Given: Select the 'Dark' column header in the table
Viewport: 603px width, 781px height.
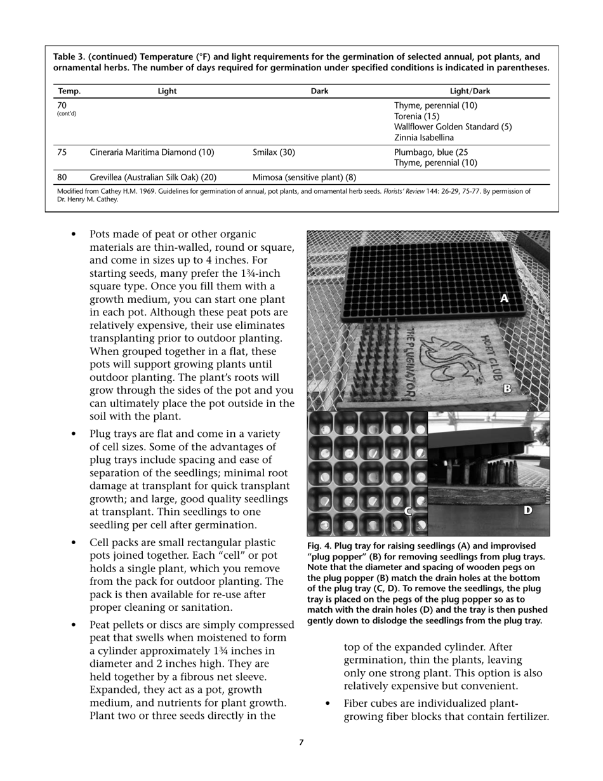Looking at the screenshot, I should [x=319, y=91].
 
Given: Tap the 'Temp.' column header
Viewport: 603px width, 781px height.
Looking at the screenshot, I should [x=69, y=91].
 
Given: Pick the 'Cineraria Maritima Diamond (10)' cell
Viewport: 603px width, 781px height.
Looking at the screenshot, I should [x=152, y=152].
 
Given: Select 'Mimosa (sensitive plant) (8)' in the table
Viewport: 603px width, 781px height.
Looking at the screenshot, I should [x=304, y=177].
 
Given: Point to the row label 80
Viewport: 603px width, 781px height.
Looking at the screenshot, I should [x=62, y=177].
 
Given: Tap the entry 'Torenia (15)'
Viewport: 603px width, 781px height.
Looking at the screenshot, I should [x=416, y=116].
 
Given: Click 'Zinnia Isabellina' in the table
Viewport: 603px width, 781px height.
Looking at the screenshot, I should [x=424, y=138].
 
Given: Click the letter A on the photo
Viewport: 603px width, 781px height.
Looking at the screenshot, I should [x=505, y=298].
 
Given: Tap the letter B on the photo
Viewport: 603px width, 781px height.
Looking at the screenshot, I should [x=507, y=389].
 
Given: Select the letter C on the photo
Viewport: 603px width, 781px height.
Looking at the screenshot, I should [x=409, y=511].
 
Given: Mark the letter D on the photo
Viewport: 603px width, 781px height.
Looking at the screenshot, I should [x=527, y=511].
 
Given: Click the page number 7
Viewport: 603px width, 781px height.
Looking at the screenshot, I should [x=301, y=742].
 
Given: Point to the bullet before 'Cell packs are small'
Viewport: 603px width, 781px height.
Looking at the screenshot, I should [x=74, y=543].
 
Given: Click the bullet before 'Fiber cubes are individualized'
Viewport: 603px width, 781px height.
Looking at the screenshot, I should [x=328, y=704].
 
